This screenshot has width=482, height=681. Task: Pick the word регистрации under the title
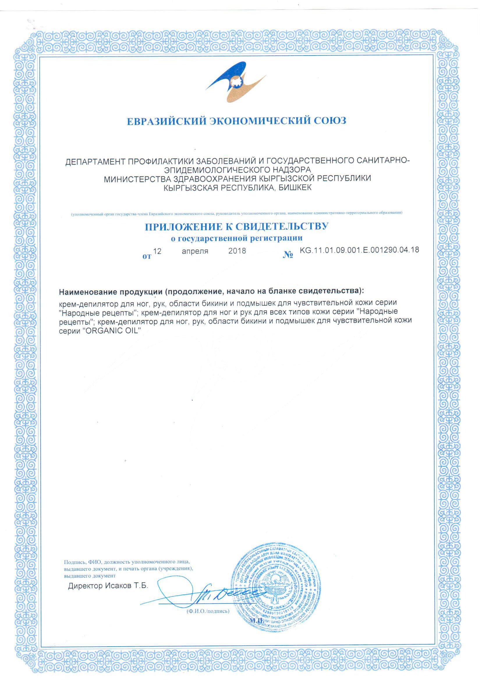click(x=281, y=238)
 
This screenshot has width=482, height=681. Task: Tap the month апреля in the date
click(x=195, y=251)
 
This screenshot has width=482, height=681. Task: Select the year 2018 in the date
click(x=237, y=251)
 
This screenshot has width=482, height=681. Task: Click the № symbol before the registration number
click(x=288, y=255)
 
